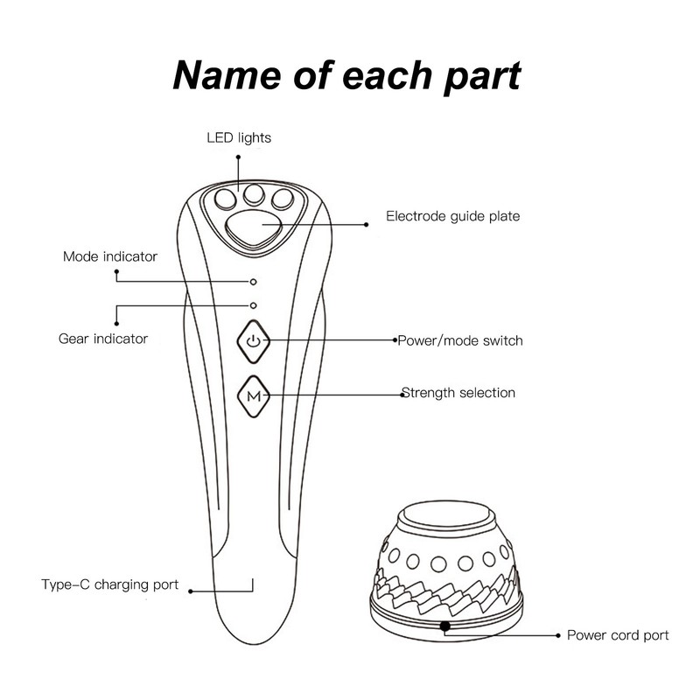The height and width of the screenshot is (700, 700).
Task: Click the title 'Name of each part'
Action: (346, 76)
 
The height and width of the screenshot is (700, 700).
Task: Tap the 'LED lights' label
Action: (239, 138)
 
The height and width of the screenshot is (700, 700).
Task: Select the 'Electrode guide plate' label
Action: (452, 216)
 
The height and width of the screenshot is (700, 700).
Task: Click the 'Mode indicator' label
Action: (110, 256)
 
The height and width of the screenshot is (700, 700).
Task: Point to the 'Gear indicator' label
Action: (103, 339)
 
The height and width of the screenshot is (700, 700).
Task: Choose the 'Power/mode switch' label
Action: (460, 340)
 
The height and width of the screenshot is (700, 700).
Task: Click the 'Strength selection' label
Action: (458, 393)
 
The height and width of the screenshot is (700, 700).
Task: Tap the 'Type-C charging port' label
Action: (110, 584)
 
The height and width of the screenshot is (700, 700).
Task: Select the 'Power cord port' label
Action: (618, 635)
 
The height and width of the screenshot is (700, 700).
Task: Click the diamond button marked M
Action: (253, 396)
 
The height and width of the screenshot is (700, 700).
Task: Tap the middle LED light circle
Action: (254, 193)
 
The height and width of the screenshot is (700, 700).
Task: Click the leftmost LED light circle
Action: (225, 199)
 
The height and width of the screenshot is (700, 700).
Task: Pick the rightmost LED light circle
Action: (283, 199)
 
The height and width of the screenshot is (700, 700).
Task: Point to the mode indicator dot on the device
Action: (253, 282)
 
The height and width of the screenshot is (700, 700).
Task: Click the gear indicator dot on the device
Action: (253, 305)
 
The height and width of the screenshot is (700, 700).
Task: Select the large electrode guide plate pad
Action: (254, 228)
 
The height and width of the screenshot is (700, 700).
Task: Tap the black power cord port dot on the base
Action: (444, 626)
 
